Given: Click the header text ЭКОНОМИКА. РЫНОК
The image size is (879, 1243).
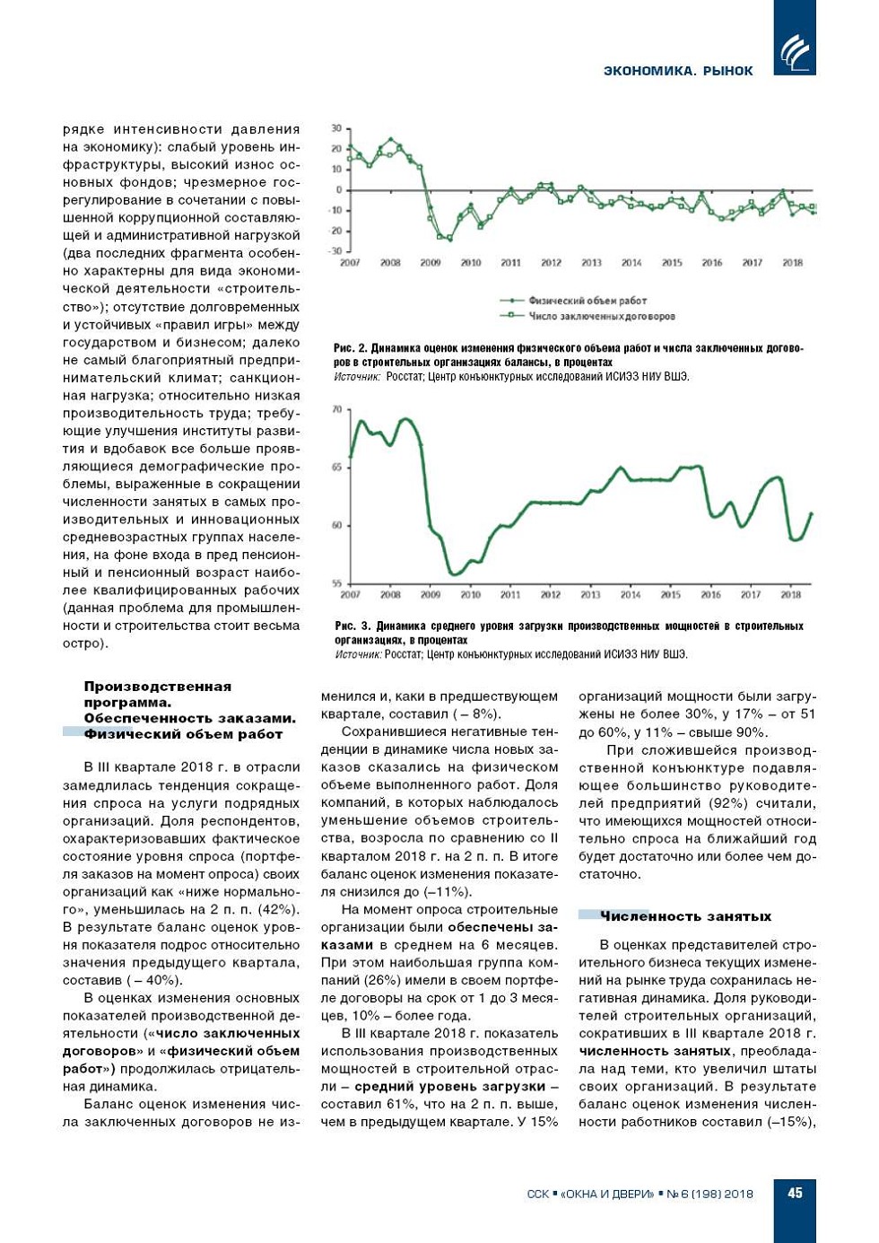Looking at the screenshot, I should point(678,71).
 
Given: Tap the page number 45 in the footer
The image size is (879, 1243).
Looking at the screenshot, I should point(795,1193).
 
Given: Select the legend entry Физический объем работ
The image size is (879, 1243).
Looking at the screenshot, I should point(587,301).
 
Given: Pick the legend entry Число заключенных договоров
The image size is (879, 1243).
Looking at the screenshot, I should point(601,316).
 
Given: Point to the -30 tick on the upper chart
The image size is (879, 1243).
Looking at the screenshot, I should point(336,251).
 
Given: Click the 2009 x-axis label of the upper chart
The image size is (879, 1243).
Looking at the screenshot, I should point(431,263).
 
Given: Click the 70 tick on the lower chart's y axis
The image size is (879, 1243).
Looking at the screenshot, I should point(337,409).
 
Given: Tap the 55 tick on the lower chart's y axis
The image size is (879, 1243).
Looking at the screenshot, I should point(337,583).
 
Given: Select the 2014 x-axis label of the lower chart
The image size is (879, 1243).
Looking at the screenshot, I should point(631,595).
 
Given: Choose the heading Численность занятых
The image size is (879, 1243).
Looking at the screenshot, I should point(685,916).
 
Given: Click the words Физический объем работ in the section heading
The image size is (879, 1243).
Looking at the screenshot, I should point(183,734).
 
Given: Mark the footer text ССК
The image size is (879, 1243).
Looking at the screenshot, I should point(538,1194).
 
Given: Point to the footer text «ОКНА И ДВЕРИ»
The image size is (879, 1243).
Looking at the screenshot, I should point(606,1194).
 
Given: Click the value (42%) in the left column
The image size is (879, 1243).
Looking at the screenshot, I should point(277,909).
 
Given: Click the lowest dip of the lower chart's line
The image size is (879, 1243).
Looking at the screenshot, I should point(454,573).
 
